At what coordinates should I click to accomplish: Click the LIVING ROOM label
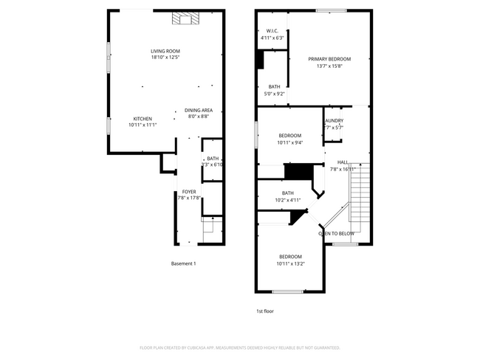tap(165, 51)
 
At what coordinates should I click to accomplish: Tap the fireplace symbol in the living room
tap(181, 19)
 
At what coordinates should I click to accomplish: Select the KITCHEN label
tap(143, 119)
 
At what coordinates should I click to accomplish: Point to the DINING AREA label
tap(198, 110)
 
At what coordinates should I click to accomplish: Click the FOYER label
tap(189, 191)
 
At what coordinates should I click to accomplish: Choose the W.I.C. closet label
tap(271, 31)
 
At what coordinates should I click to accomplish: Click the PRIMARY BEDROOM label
tap(329, 59)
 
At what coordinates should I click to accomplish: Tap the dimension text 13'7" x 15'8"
tap(329, 66)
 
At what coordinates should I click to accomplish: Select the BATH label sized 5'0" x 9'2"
tap(274, 87)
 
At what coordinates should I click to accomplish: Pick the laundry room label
tap(334, 121)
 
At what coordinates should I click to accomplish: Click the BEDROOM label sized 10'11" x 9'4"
tap(289, 136)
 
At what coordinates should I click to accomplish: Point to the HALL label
tap(343, 162)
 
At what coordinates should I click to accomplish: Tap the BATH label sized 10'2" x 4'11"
tap(287, 193)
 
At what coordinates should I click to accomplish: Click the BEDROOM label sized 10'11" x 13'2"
tap(289, 257)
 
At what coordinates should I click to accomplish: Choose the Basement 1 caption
tap(183, 264)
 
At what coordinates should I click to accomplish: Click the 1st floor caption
tap(264, 311)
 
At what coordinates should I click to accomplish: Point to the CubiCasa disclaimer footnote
tap(239, 347)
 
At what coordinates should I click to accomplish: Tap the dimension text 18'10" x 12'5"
tap(165, 57)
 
